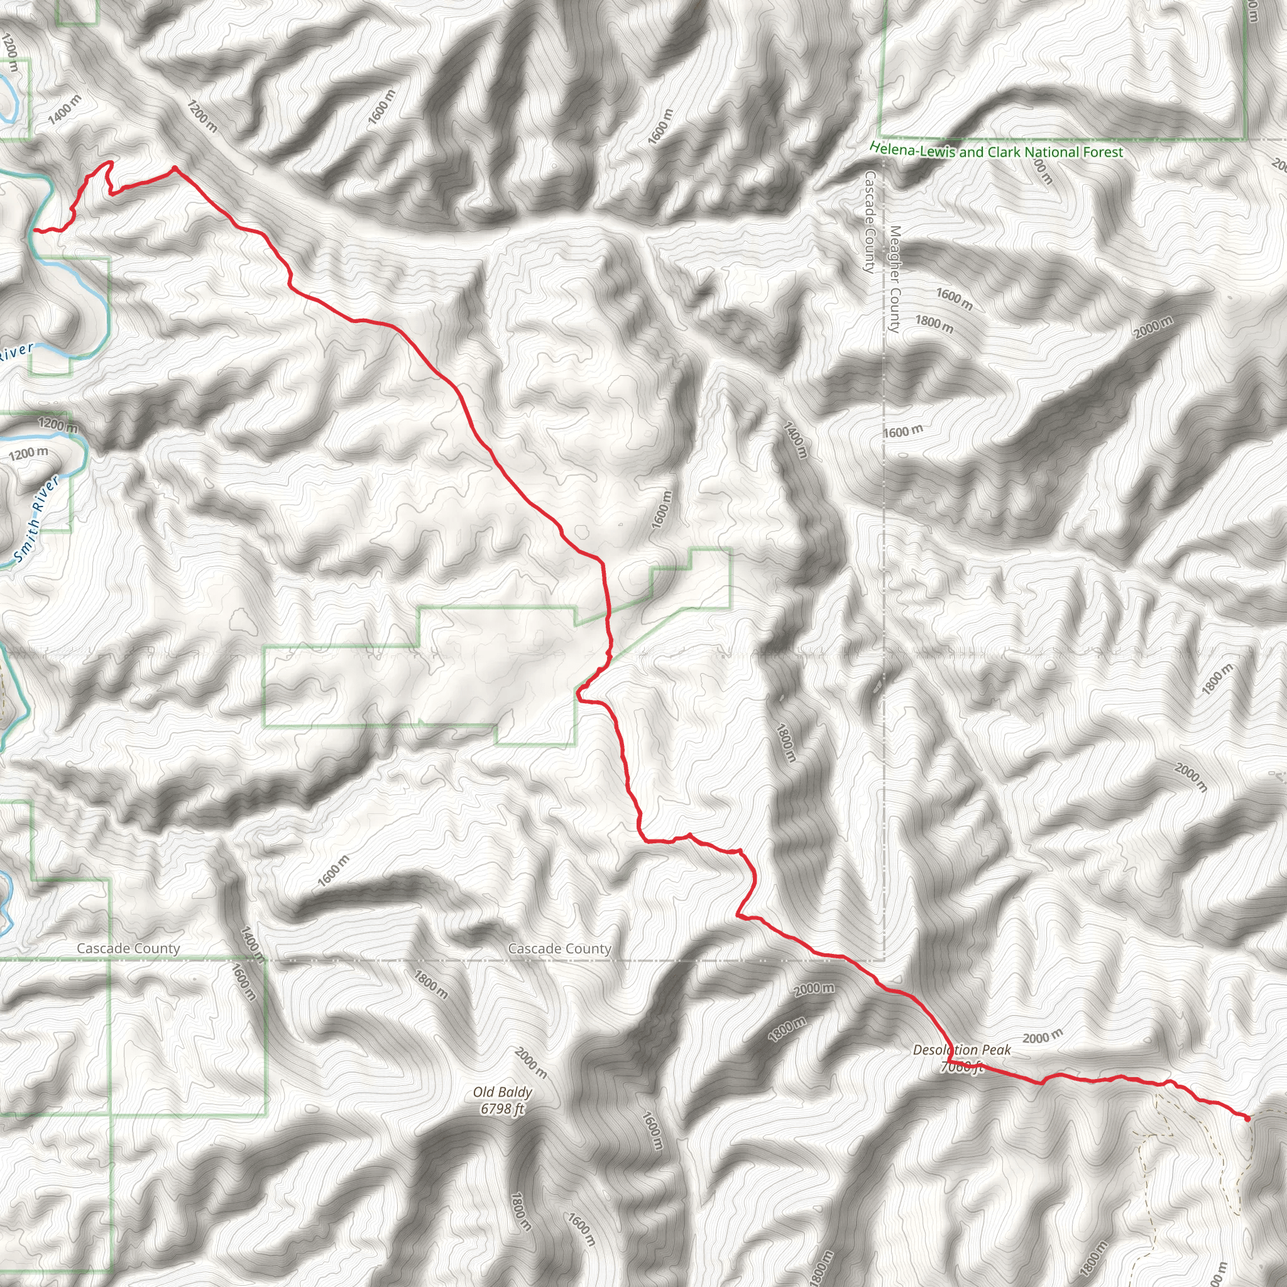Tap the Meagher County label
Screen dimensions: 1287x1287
895,279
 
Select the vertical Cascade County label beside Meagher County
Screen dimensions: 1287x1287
869,222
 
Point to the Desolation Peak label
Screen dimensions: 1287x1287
961,1050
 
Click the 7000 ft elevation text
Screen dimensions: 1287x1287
961,1067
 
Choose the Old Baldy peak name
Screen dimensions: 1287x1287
502,1092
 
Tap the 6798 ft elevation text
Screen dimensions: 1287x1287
502,1109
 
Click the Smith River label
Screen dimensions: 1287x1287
37,518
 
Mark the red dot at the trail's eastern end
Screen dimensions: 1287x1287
1247,1119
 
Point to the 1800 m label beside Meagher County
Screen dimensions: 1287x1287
934,324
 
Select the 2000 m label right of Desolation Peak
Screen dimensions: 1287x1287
1043,1036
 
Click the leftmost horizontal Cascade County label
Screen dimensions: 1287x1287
128,948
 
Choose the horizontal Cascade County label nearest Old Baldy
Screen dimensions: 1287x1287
559,948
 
